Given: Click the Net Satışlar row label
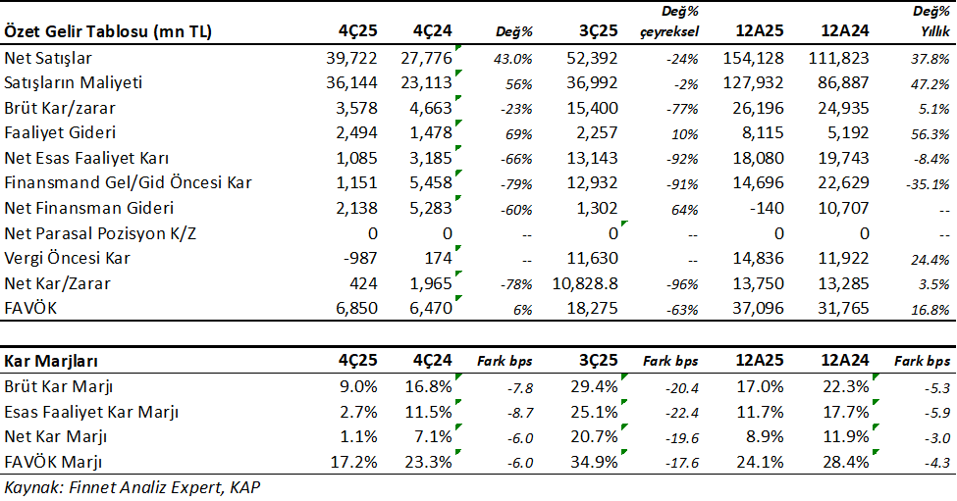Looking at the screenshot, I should click(x=49, y=59).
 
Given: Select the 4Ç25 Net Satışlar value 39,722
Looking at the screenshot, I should click(x=350, y=59).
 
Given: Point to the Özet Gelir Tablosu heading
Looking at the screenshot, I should click(x=108, y=31).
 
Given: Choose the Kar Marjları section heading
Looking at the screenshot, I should click(x=49, y=360).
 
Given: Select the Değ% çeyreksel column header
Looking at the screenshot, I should click(x=671, y=22).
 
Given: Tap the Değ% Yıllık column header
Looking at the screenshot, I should click(x=928, y=22).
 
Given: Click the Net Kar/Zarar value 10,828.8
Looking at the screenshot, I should click(x=585, y=284).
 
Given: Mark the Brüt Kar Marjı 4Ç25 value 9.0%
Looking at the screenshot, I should click(x=358, y=385).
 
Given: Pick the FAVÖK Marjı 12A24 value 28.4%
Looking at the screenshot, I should click(x=845, y=460).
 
